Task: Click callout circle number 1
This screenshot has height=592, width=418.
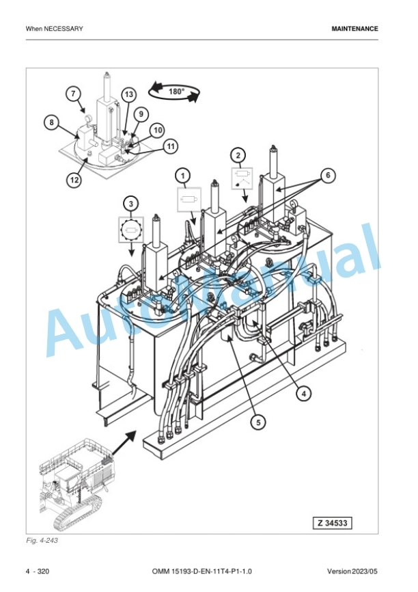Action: (x=183, y=176)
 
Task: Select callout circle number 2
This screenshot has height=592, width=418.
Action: (x=238, y=155)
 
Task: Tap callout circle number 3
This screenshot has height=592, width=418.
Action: (x=131, y=204)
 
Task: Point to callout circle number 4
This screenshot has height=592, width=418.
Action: (x=304, y=394)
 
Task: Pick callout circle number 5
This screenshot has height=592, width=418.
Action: (x=258, y=422)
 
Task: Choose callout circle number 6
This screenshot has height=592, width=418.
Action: (x=328, y=175)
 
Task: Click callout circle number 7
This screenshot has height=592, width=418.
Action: (x=73, y=94)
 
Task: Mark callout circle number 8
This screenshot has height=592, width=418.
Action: (x=52, y=122)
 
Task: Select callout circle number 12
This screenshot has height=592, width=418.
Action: (x=74, y=180)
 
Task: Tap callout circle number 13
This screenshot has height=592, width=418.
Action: (x=129, y=94)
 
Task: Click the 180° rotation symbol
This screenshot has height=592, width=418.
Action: (x=174, y=92)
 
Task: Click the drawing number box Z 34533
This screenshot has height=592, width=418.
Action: (x=332, y=523)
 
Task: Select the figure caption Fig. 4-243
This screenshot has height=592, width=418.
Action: (x=42, y=540)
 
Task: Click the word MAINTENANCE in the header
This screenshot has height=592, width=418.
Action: (x=354, y=29)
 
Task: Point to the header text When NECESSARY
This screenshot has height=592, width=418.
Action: (x=55, y=29)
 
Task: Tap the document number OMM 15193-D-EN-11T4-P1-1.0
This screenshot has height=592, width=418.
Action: (x=202, y=571)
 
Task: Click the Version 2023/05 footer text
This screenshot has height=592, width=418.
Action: (x=352, y=571)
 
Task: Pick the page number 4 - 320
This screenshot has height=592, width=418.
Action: (x=38, y=571)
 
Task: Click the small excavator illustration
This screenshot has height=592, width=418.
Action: (x=76, y=484)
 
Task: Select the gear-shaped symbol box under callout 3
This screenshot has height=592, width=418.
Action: (x=131, y=230)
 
